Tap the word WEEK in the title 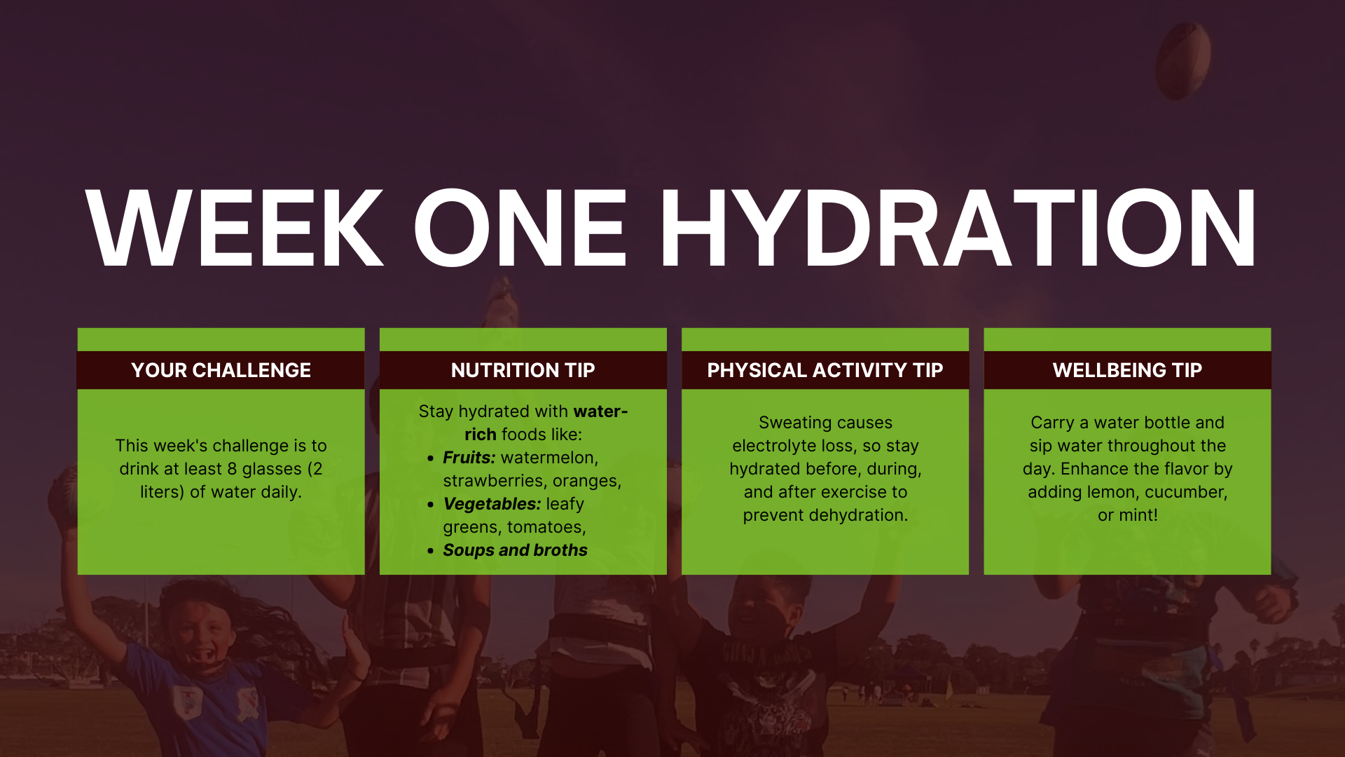(235, 229)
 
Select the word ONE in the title (520, 229)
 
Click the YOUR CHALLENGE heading (221, 370)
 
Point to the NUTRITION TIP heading (523, 370)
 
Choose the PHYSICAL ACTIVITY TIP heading (825, 370)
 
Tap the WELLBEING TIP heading (1127, 370)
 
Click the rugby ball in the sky (1182, 60)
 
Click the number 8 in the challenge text (232, 469)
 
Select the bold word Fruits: (469, 458)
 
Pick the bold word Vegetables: (492, 504)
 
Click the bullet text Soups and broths (515, 550)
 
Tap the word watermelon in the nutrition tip (548, 458)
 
